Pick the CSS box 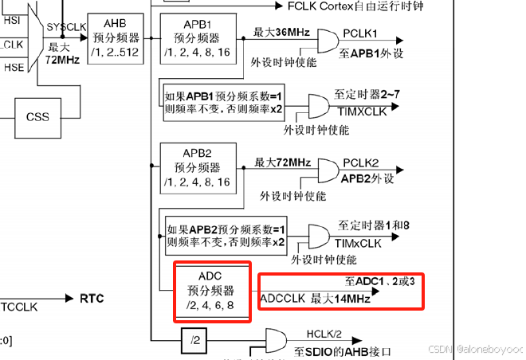tap(37, 116)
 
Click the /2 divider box tap(194, 341)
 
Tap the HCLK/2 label tap(324, 335)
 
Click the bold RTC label tap(92, 299)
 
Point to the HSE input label tap(14, 68)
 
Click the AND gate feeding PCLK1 tap(327, 39)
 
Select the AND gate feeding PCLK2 tap(327, 169)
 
